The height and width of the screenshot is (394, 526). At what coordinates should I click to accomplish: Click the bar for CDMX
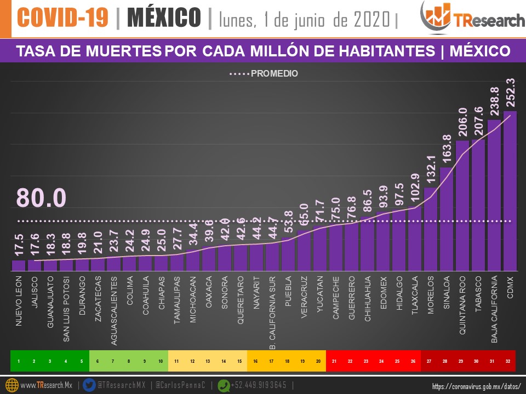pyautogui.click(x=510, y=192)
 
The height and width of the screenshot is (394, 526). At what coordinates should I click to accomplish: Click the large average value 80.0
pyautogui.click(x=41, y=198)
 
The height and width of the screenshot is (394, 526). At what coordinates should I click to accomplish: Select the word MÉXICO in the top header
pyautogui.click(x=164, y=18)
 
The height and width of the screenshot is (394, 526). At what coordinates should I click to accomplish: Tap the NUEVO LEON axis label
pyautogui.click(x=19, y=300)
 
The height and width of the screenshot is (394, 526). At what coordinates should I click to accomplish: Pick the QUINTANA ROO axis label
pyautogui.click(x=462, y=306)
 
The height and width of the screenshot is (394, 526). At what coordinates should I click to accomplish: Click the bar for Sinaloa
pyautogui.click(x=447, y=219)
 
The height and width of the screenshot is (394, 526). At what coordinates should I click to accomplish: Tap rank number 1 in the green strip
pyautogui.click(x=19, y=361)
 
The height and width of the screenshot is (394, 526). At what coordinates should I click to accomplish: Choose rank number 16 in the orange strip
pyautogui.click(x=255, y=361)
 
